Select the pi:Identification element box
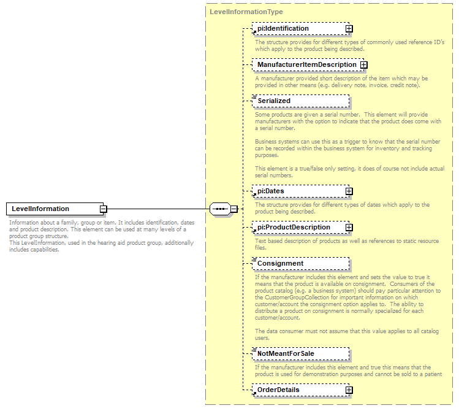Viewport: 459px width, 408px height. pos(298,29)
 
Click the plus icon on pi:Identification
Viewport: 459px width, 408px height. pos(349,29)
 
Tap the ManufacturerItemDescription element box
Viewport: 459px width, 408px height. pos(306,65)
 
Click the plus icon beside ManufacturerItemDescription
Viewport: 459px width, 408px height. pos(363,65)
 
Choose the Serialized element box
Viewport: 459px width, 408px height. pos(300,101)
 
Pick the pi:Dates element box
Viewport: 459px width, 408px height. pos(298,191)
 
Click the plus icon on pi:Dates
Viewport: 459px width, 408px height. pos(349,191)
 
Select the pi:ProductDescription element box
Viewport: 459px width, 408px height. pos(298,228)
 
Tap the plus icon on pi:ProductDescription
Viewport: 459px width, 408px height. pos(349,228)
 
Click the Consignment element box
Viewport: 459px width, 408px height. pos(300,264)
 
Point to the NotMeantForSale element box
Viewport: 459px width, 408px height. pos(300,354)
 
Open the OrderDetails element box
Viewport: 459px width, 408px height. pos(298,390)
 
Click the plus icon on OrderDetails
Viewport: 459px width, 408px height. pos(349,390)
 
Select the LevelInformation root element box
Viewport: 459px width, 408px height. pos(53,209)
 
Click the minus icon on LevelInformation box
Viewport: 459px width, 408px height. pos(103,209)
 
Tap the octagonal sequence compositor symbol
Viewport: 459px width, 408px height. pos(219,209)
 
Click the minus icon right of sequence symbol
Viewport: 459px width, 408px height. pos(234,209)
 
